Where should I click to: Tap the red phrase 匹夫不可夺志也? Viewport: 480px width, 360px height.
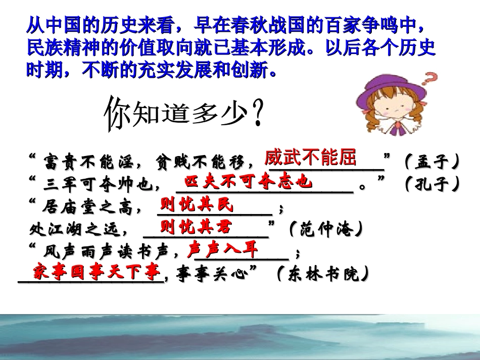[248, 182]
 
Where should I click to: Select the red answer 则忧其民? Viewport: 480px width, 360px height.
[197, 205]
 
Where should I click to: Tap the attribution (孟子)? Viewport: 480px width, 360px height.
[433, 162]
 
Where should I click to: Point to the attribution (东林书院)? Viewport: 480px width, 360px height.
[323, 275]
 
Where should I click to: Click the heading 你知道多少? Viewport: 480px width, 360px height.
[184, 114]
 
